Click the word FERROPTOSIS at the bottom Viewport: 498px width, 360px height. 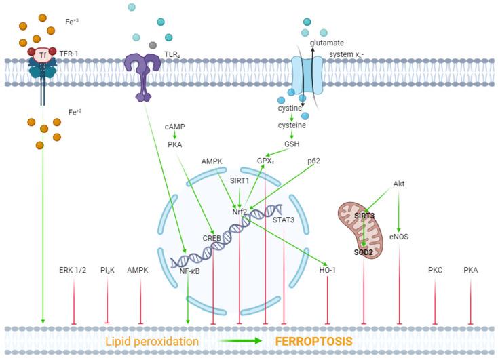313,341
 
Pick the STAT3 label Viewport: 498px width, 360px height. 284,219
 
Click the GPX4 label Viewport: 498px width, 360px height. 266,161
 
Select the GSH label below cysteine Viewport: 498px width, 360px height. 292,144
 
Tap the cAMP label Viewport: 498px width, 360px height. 175,127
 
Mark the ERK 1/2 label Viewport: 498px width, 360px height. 73,269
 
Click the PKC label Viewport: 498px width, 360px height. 436,269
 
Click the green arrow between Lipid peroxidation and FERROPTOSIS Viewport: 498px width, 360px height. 239,341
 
